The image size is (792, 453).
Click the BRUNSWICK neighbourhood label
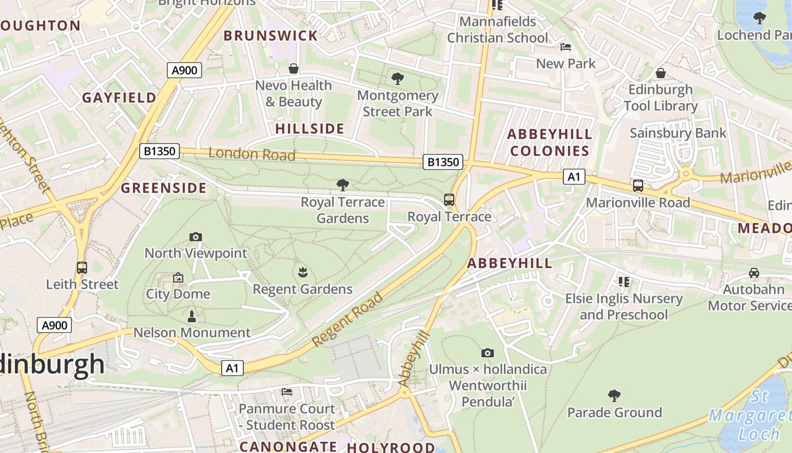[x=271, y=36]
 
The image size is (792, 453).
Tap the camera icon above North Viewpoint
[x=196, y=237]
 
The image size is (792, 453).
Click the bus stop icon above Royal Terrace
[x=449, y=199]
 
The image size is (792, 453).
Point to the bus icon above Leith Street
[x=82, y=267]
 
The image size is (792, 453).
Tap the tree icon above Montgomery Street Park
[x=398, y=79]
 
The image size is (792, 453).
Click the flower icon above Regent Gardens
[x=303, y=272]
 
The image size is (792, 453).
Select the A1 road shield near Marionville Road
[x=574, y=177]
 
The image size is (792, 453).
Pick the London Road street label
[x=252, y=153]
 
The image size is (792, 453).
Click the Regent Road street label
[x=348, y=319]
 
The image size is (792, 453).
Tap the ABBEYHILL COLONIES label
[x=549, y=142]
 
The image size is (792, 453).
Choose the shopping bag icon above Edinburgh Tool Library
[x=660, y=73]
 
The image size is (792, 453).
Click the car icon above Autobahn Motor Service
[x=754, y=273]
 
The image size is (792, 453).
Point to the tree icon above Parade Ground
[x=614, y=395]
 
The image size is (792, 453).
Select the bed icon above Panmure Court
[x=287, y=391]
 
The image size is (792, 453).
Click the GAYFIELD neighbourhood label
[x=119, y=97]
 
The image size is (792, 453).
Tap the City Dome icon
[x=178, y=277]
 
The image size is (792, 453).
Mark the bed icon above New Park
[x=565, y=46]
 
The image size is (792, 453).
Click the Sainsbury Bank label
[x=678, y=133]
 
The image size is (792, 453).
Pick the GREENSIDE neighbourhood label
[x=164, y=188]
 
